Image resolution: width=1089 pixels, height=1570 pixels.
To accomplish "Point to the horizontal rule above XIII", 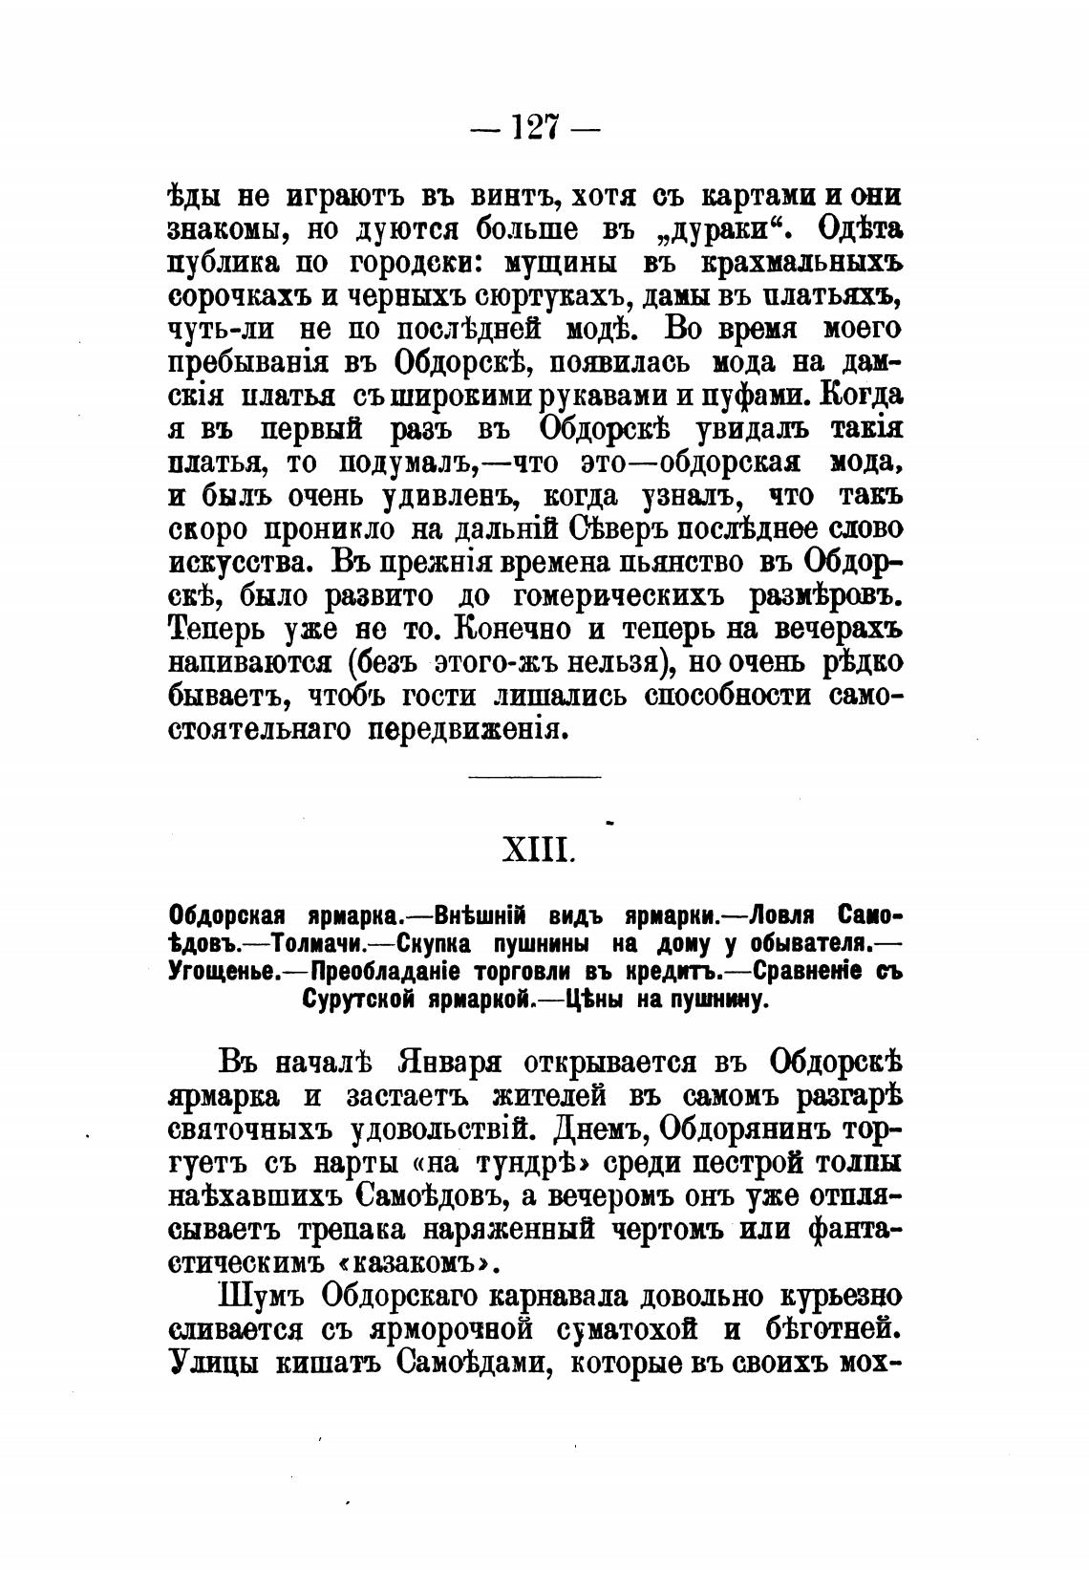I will [x=535, y=777].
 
